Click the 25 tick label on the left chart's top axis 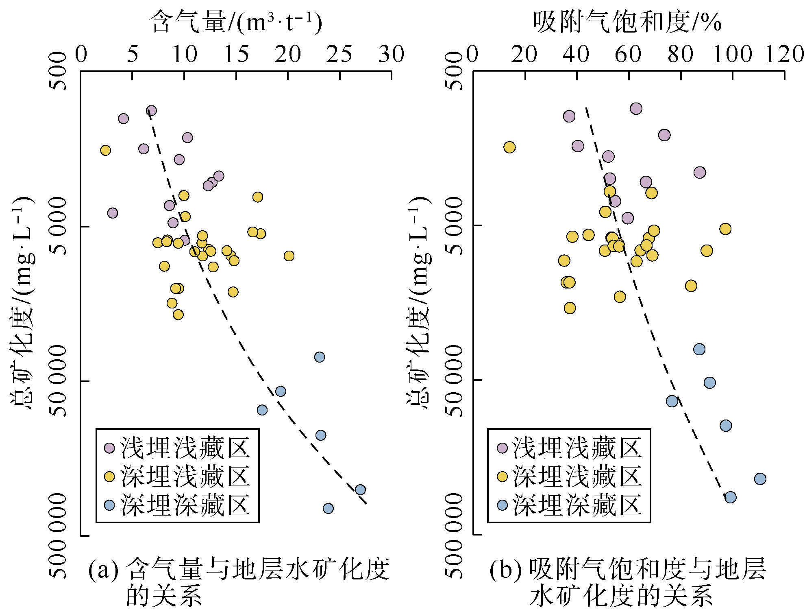click(x=339, y=54)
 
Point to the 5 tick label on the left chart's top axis click(x=133, y=54)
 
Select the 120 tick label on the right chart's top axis click(x=784, y=54)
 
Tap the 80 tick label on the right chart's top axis click(x=681, y=54)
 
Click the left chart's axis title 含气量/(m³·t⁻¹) click(x=236, y=22)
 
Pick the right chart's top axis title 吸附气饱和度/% click(x=627, y=22)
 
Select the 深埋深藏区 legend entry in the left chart click(x=177, y=505)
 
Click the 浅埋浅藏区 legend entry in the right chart click(x=569, y=448)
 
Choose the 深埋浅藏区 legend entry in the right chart click(x=569, y=476)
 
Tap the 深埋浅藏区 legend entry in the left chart click(x=177, y=476)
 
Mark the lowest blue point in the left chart click(x=328, y=508)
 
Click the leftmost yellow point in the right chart click(x=509, y=147)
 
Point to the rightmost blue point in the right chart click(x=760, y=479)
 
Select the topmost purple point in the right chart click(x=636, y=109)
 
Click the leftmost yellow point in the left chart click(x=105, y=151)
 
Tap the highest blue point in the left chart click(x=320, y=357)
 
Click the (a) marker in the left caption click(x=103, y=570)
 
